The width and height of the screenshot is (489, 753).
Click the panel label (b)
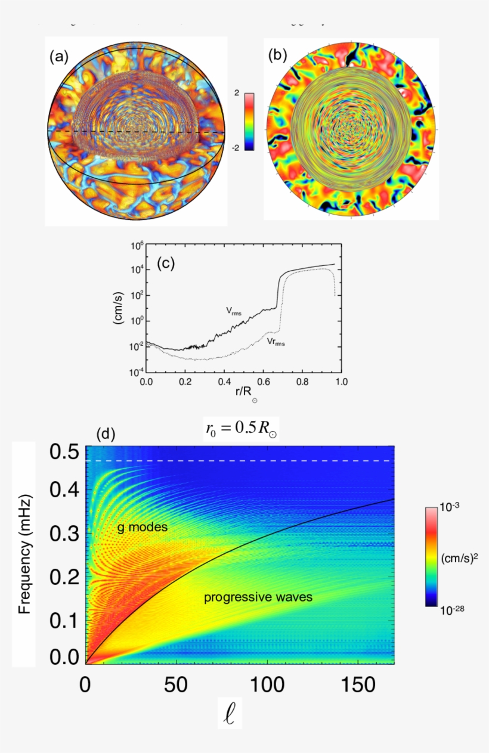click(277, 55)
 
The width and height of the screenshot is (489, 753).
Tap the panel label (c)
click(165, 263)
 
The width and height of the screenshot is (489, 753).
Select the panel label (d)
click(106, 435)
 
